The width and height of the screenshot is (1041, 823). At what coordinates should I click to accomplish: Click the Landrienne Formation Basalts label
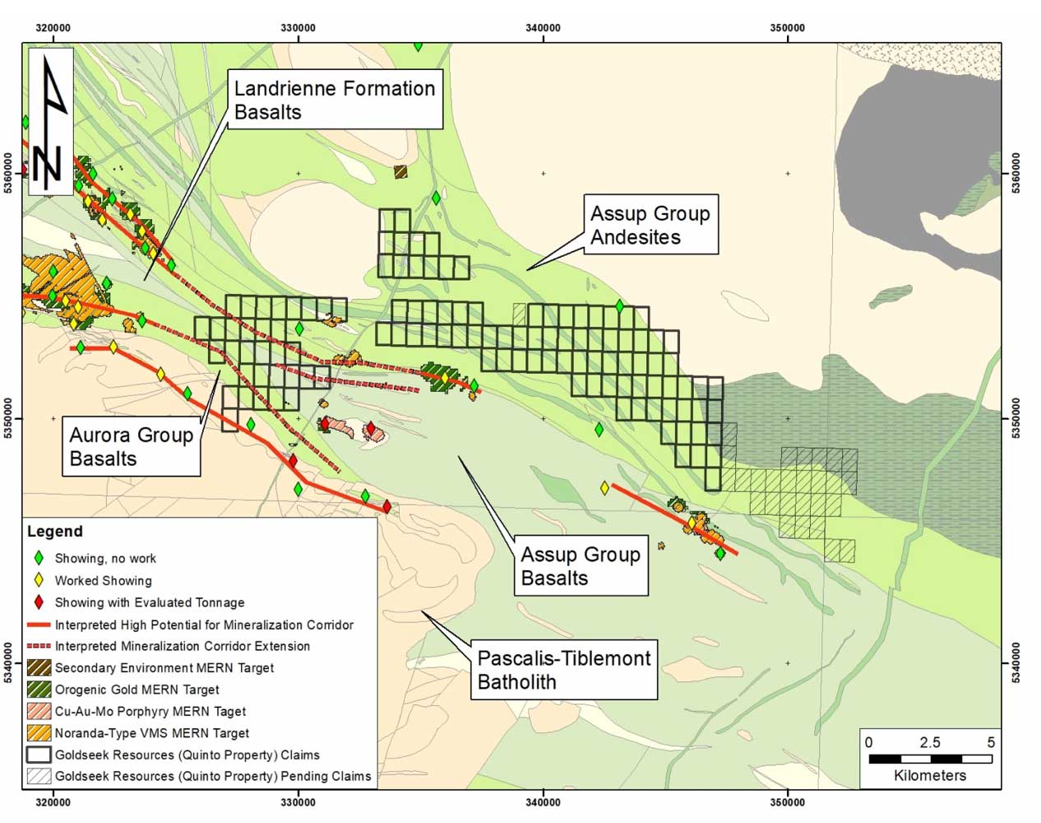pos(335,100)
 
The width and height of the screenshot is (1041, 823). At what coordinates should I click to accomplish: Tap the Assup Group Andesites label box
pos(650,225)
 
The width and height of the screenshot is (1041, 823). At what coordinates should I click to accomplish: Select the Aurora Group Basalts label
pos(131,446)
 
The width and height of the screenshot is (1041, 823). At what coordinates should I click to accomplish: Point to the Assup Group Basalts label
pos(580,565)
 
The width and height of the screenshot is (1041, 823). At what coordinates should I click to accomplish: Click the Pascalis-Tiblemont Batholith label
pos(563,670)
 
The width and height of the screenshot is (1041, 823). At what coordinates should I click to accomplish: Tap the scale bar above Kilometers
pos(930,758)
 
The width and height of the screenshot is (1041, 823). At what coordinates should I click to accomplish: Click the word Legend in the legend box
pos(54,532)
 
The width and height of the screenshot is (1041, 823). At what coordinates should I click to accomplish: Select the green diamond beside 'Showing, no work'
pos(39,558)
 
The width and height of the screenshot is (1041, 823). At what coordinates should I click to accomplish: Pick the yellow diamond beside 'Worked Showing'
pos(39,580)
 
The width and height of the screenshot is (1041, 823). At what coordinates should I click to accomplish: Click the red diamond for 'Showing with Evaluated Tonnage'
pos(39,602)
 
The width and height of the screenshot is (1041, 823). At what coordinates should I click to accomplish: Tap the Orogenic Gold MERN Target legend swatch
pos(39,690)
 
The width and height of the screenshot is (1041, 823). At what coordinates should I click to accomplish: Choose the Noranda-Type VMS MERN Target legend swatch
pos(39,732)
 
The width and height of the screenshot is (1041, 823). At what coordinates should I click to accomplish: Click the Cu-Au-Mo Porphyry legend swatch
pos(39,711)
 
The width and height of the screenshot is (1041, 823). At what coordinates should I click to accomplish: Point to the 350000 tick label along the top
pos(787,28)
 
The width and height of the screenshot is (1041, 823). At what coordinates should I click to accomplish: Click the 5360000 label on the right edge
pos(1016,173)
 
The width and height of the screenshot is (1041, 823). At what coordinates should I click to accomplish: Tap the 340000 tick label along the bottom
pos(543,802)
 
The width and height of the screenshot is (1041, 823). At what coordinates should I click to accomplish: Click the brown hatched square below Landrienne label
pos(400,172)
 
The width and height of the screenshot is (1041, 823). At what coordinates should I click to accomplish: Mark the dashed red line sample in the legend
pos(39,646)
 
